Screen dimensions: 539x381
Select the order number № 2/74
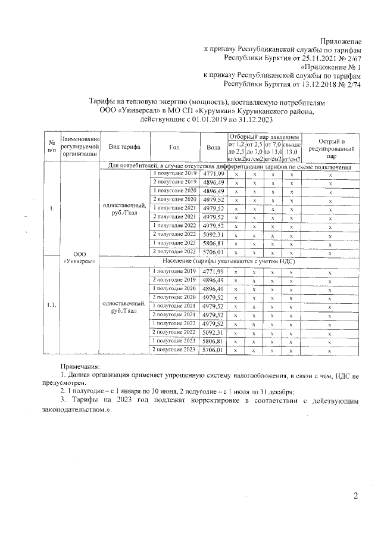[348, 85]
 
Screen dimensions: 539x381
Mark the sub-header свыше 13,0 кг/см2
[292, 151]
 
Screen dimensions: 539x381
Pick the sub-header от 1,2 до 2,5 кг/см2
[236, 151]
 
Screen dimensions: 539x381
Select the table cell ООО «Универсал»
[79, 257]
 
